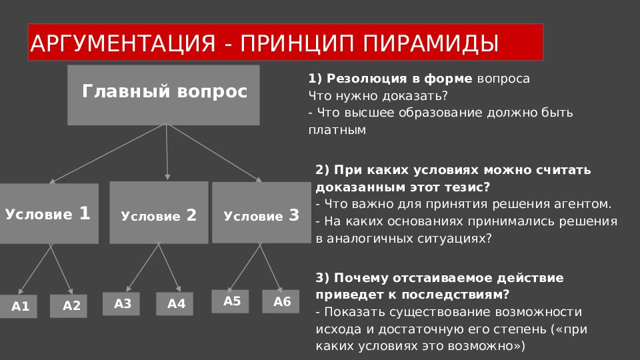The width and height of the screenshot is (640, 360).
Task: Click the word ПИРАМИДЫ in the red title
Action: [431, 43]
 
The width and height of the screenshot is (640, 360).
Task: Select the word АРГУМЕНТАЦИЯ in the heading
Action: [123, 43]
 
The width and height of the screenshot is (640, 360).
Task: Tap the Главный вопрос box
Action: [163, 95]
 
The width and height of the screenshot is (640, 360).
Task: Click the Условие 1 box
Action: [49, 213]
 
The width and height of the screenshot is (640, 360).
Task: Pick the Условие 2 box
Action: [159, 213]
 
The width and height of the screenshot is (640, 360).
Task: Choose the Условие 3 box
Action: [261, 213]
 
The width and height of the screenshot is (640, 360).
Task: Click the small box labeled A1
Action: [19, 306]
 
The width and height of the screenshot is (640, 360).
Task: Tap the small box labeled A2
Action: [69, 306]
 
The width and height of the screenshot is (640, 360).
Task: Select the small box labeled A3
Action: [121, 304]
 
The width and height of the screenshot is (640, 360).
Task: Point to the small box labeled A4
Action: [175, 304]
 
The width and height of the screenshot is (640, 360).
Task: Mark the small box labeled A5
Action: [230, 301]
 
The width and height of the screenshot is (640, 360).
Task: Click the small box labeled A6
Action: [281, 301]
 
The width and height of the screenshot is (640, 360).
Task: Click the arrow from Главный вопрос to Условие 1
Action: [107, 153]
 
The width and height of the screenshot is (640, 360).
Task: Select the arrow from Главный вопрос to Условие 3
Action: [214, 153]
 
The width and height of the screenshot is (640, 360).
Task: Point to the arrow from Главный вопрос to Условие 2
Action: [167, 152]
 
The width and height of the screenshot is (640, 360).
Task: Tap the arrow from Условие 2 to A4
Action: [169, 267]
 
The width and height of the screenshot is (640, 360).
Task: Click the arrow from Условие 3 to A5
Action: [245, 267]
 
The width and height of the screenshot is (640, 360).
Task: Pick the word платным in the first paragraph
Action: [337, 130]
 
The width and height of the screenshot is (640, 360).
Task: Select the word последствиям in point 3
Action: [453, 295]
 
